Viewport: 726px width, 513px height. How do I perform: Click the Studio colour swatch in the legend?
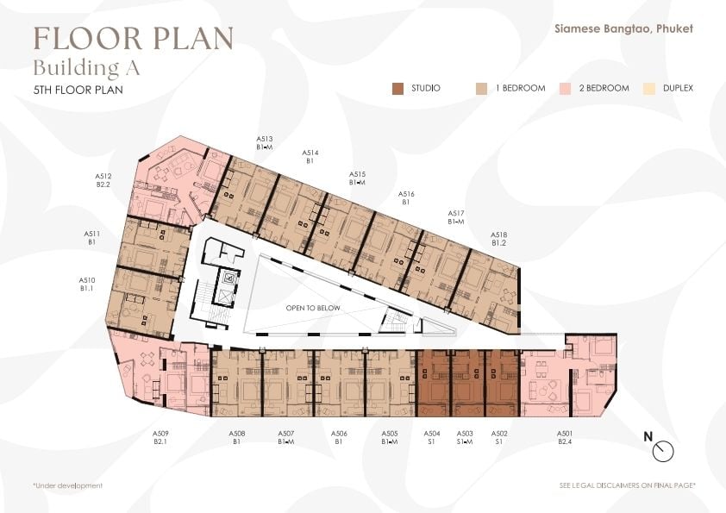click(x=397, y=89)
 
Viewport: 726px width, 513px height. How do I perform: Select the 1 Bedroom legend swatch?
click(x=481, y=89)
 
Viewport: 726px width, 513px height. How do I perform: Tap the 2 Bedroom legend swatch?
click(x=565, y=89)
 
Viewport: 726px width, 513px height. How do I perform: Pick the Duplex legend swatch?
click(x=649, y=89)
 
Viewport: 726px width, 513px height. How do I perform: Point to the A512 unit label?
click(x=103, y=180)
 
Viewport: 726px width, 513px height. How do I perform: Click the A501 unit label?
click(x=565, y=437)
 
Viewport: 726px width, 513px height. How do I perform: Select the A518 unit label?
click(x=498, y=239)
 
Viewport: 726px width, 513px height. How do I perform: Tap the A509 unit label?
click(x=160, y=437)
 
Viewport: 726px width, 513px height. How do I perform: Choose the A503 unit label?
click(x=465, y=437)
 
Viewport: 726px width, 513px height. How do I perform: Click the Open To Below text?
click(x=313, y=308)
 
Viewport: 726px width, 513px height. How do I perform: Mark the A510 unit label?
click(x=86, y=285)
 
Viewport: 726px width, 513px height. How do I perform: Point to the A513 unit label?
click(x=265, y=142)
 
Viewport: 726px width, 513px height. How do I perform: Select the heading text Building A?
click(x=86, y=68)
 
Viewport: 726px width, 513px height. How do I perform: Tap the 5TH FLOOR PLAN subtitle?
click(x=78, y=90)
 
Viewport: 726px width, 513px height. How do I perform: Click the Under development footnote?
click(x=67, y=485)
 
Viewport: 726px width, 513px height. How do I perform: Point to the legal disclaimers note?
click(x=628, y=485)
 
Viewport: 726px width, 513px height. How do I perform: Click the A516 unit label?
click(x=406, y=198)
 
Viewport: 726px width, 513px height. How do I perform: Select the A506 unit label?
click(x=339, y=437)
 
